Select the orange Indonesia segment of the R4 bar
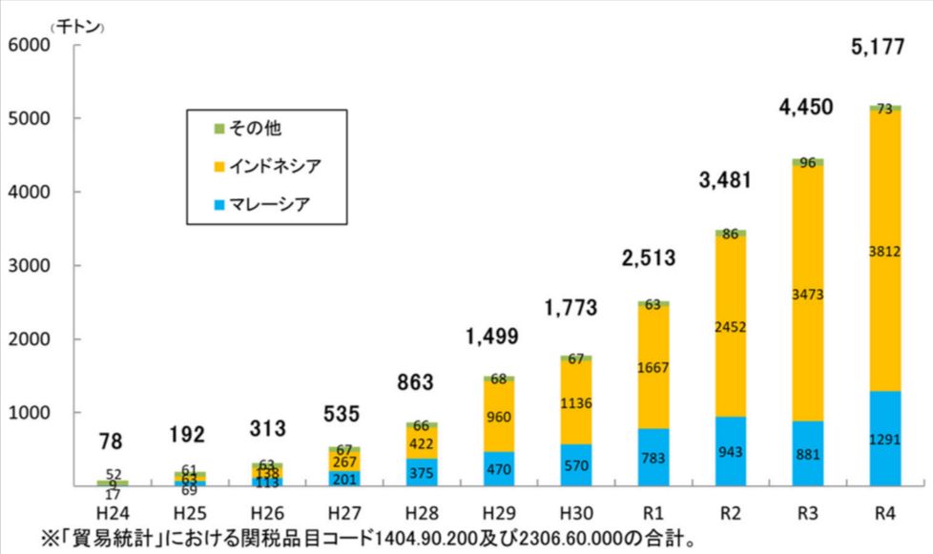point(884,250)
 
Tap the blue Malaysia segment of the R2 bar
point(730,451)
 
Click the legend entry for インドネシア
point(273,166)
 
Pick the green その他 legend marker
point(219,127)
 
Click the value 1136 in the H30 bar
point(575,402)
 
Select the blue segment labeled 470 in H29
point(498,469)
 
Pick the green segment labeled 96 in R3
point(807,162)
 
